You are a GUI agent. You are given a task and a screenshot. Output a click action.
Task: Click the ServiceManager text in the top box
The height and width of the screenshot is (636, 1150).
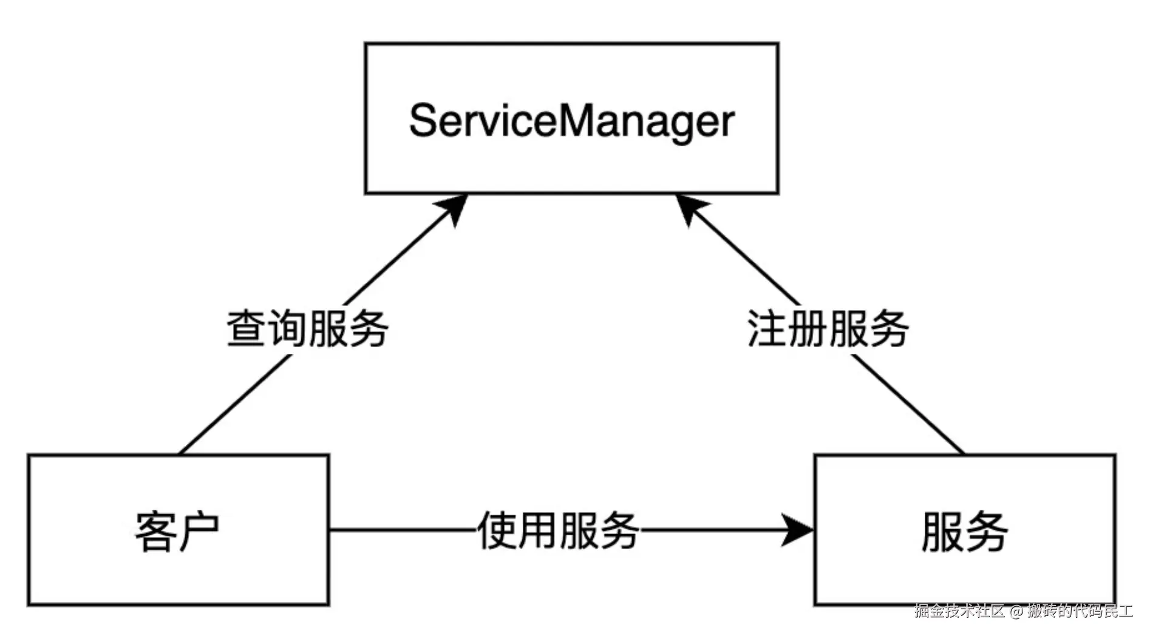[571, 121]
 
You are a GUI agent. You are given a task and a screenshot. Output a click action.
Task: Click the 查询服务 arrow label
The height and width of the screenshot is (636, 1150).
[307, 329]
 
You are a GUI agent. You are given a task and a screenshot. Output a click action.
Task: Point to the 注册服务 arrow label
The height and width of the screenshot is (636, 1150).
[828, 329]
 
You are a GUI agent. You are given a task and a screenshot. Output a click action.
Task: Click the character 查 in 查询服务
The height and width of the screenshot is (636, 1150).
[247, 329]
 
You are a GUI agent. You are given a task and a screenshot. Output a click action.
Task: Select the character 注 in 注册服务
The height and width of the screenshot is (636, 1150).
[766, 329]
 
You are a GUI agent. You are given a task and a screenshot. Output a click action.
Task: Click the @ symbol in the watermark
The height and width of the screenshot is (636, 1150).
[1016, 611]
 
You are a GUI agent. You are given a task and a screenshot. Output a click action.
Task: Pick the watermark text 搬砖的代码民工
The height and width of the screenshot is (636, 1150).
[1080, 611]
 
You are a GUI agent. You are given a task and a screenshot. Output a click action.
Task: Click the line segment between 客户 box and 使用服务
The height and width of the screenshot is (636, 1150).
[401, 530]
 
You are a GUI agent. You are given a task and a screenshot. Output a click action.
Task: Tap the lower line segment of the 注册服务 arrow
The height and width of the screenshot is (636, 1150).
[908, 404]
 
